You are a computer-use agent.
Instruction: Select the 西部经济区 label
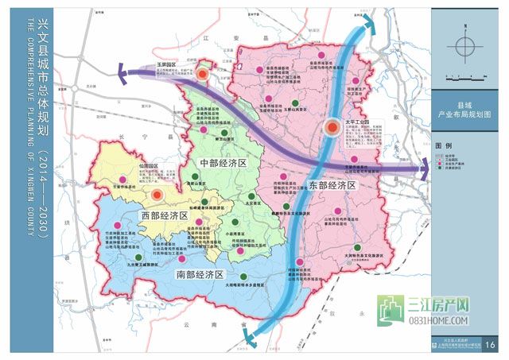coord(163,215)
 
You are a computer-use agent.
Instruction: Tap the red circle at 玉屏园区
coord(204,74)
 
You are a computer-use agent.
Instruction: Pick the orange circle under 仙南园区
coord(157,194)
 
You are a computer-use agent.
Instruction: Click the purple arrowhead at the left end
coord(124,76)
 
